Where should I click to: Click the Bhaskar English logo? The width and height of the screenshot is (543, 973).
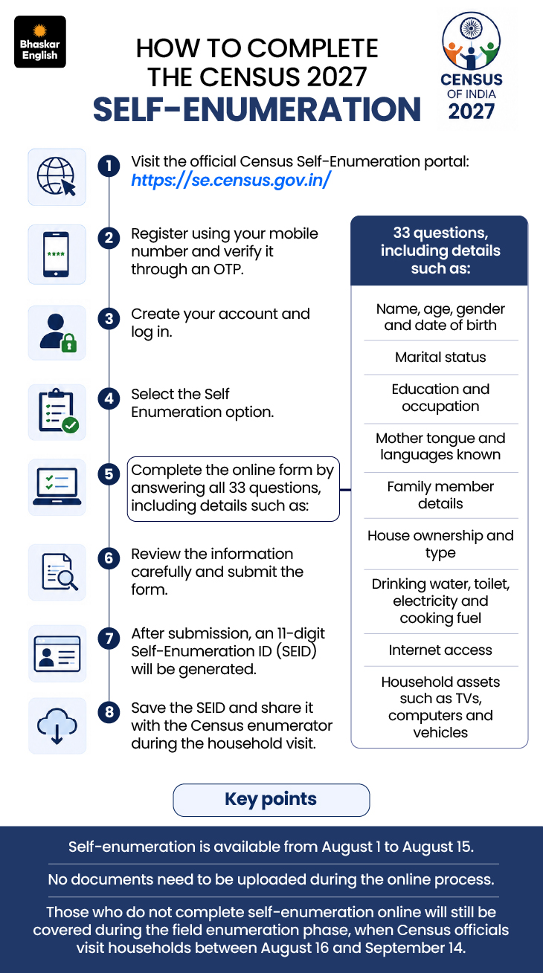coord(40,42)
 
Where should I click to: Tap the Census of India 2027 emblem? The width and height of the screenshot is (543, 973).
coord(472,66)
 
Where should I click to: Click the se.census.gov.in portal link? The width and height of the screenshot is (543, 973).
coord(231,180)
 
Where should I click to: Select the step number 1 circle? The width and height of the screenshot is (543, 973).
coord(109,166)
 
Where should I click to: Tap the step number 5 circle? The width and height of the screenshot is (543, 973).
coord(109,474)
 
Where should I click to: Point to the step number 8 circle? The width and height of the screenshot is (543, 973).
coord(109,712)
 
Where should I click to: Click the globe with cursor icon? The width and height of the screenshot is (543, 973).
coord(57,177)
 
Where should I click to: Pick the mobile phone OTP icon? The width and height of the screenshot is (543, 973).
coord(56,254)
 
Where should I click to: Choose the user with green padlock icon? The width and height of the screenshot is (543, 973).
coord(58,333)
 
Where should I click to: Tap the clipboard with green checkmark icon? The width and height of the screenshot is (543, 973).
coord(58,411)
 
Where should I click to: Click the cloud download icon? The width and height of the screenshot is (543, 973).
coord(57,725)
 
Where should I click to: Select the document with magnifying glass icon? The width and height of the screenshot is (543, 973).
coord(60,572)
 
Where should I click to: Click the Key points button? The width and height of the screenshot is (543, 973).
coord(271,800)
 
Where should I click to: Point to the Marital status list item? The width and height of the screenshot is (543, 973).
coord(440,357)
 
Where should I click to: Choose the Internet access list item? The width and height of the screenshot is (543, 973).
coord(440,650)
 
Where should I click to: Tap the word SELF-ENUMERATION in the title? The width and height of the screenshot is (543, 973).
coord(257,109)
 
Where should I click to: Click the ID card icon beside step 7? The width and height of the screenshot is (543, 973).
coord(57,653)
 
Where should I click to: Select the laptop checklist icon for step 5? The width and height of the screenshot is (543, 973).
coord(57,486)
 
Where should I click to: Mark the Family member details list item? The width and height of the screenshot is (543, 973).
coord(440,495)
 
